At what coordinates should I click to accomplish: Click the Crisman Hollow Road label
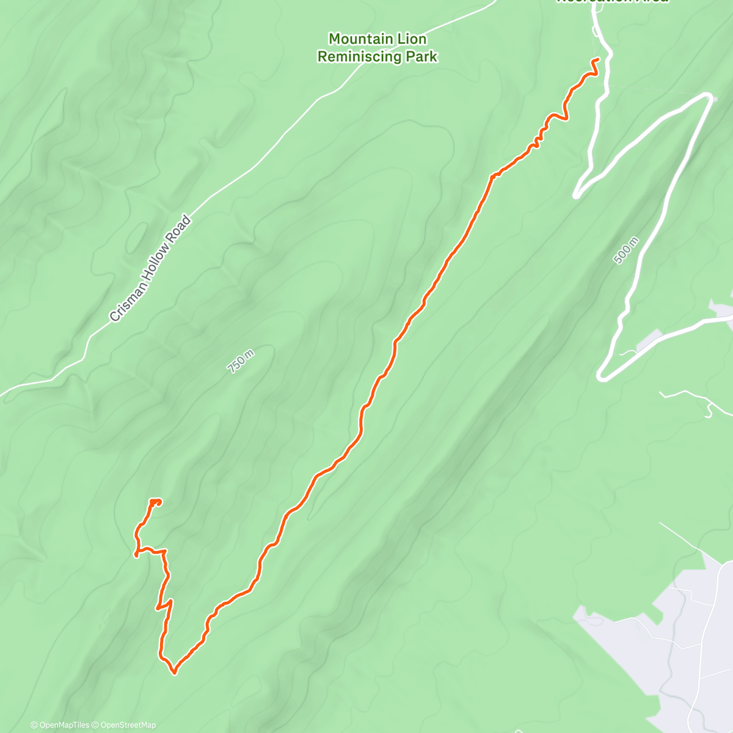150,269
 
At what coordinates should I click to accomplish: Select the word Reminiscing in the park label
360,57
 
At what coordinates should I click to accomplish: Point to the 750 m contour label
241,360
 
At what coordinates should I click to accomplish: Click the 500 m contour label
626,250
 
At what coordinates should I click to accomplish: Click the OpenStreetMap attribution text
128,725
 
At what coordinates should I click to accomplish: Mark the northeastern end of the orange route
597,59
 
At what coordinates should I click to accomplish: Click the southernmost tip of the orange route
175,673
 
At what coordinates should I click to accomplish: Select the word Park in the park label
423,57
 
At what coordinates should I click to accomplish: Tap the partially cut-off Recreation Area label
612,2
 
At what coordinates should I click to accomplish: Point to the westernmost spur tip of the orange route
136,554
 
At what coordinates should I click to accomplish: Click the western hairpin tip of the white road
576,195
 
